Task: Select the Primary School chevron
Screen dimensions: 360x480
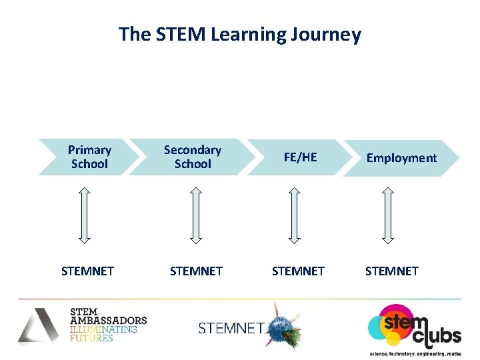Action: click(89, 157)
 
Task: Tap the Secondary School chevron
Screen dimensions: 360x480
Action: click(192, 157)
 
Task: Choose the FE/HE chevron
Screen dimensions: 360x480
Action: click(300, 158)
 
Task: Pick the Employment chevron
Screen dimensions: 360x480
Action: click(401, 158)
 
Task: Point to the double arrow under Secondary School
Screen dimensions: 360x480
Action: click(195, 214)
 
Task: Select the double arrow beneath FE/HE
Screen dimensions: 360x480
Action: click(293, 214)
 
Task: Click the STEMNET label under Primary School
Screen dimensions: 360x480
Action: click(87, 271)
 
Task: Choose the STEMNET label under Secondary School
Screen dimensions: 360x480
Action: click(196, 271)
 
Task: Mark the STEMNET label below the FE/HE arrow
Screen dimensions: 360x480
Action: click(298, 271)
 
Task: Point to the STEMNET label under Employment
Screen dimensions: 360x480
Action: click(392, 271)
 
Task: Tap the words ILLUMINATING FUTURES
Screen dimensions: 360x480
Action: click(103, 333)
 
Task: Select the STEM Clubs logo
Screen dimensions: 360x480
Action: click(413, 326)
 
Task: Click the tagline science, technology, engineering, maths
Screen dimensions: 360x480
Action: click(415, 353)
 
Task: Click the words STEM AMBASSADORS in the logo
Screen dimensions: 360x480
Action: click(107, 316)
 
